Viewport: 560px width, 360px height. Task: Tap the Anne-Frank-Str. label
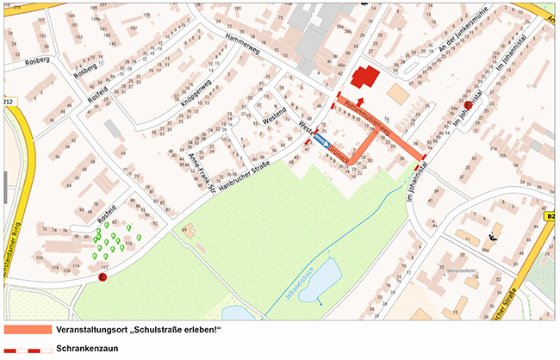(x=200, y=167)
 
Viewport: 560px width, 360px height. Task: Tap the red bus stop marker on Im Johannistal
(x=468, y=104)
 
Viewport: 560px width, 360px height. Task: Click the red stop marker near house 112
(x=103, y=277)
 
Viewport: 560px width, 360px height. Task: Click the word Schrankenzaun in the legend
(x=86, y=350)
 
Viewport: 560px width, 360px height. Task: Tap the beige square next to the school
(x=399, y=92)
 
